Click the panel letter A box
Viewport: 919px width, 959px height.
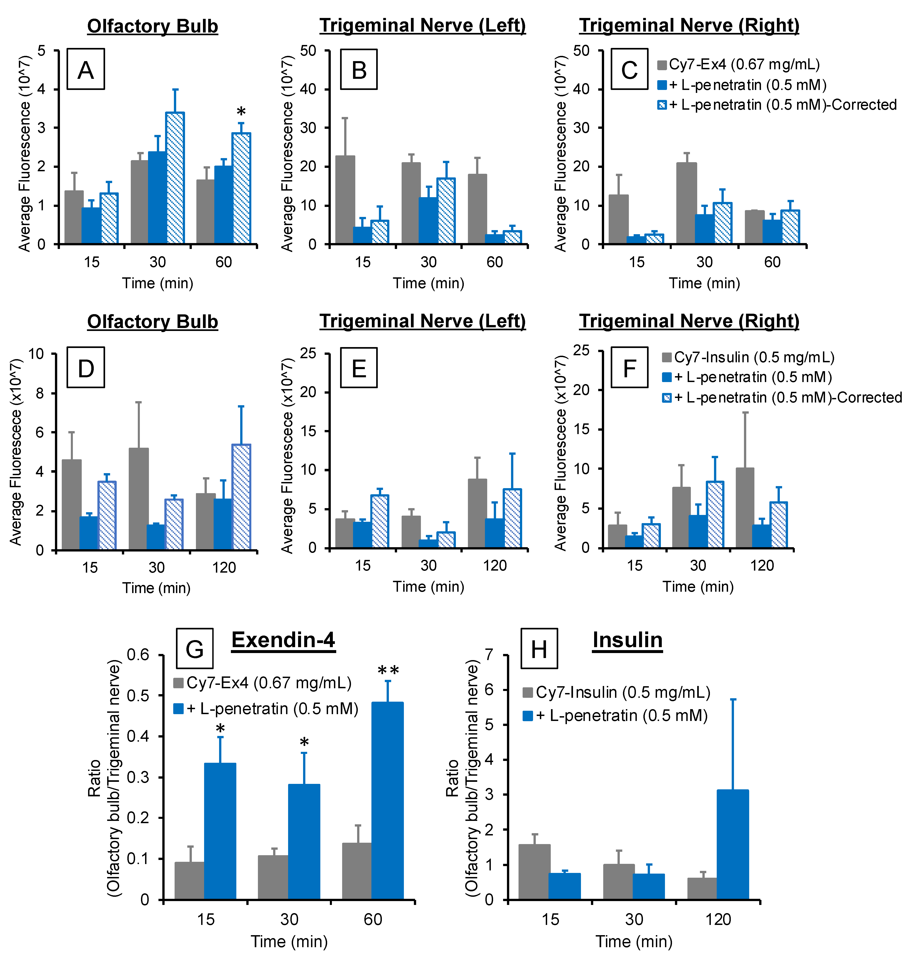click(x=86, y=69)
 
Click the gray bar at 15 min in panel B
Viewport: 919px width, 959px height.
click(x=345, y=200)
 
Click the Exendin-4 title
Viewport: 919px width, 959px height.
click(x=283, y=640)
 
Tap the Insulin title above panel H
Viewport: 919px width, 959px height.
click(x=627, y=640)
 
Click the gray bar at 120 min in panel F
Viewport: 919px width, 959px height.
click(x=744, y=508)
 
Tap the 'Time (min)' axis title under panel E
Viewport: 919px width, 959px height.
click(x=428, y=586)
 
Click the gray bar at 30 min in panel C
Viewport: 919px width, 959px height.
click(x=686, y=203)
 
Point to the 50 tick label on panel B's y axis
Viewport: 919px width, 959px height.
click(x=308, y=50)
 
